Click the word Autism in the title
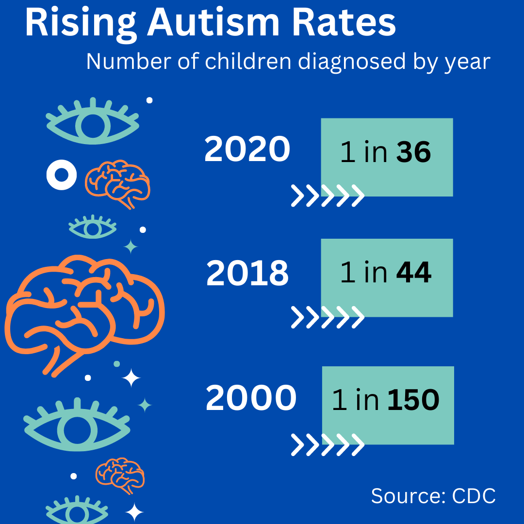click(213, 23)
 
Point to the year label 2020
click(247, 149)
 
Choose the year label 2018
click(247, 274)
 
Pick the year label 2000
click(250, 399)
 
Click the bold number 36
click(413, 153)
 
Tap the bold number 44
click(413, 273)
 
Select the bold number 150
click(413, 401)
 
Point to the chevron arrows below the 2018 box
click(327, 317)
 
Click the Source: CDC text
click(433, 496)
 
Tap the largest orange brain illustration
click(85, 313)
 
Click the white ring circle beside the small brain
click(61, 175)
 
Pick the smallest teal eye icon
click(92, 227)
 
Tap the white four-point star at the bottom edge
click(134, 512)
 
